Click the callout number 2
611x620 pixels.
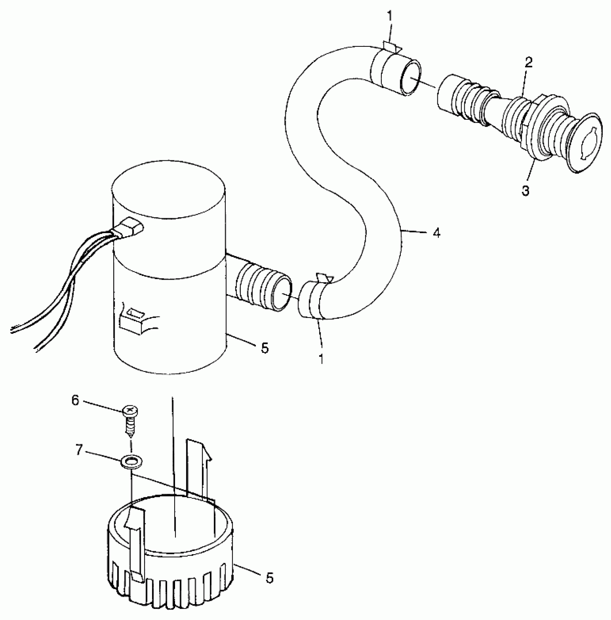coord(528,63)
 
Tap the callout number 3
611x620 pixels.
coord(525,191)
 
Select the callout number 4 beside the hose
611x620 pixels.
coord(436,233)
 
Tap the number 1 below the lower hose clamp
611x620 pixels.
coord(321,359)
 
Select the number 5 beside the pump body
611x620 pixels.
coord(265,348)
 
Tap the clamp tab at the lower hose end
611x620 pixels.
coord(325,278)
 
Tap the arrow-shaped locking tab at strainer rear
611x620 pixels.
coord(199,467)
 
